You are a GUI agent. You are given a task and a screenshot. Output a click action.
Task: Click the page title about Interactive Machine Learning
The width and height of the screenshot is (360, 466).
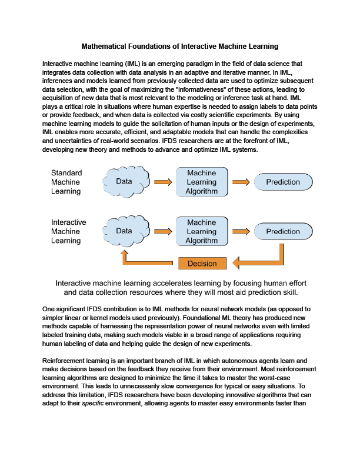pos(179,46)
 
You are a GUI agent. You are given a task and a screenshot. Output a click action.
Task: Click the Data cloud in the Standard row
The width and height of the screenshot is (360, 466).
pos(124,182)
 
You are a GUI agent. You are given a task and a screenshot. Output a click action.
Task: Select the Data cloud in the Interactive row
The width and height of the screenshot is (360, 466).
pos(124,231)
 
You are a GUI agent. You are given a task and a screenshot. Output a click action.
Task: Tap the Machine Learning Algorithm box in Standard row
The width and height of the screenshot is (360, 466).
pos(201,182)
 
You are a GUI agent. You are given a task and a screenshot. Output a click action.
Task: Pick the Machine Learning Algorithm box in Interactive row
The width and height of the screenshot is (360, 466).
pos(201,232)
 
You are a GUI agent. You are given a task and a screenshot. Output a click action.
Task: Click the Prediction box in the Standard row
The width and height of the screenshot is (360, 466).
pos(283,182)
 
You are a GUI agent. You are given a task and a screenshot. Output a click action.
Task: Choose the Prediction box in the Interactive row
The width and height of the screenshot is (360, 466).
pos(283,232)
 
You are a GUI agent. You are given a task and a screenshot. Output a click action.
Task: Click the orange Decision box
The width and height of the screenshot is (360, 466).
pos(202,263)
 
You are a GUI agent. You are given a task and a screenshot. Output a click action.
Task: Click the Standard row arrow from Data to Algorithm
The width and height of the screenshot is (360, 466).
pos(162,182)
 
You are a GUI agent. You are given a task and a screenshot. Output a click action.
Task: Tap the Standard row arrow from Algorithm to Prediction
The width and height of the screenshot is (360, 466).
pos(241,182)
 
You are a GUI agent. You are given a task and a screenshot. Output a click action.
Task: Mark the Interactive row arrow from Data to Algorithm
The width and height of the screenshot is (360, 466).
pos(162,232)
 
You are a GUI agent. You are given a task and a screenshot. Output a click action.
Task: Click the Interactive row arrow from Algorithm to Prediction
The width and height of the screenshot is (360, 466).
pos(241,232)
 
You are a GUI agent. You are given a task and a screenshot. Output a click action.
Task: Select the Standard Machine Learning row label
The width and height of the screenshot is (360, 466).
pos(66,182)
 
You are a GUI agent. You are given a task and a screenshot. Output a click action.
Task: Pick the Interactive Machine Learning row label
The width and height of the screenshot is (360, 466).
pos(68,231)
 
